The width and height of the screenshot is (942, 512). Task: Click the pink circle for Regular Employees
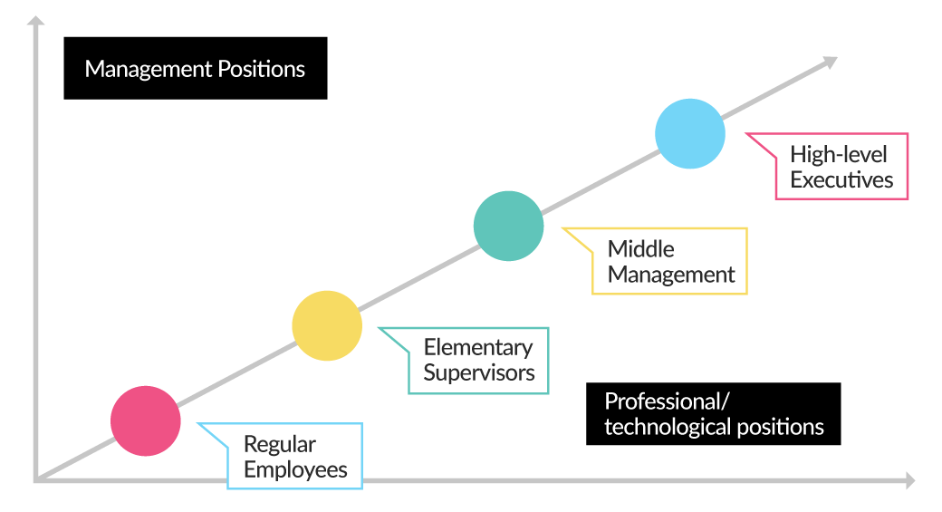point(146,420)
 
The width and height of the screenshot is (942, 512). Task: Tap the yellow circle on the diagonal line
point(327,325)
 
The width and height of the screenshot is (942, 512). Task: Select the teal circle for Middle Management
point(509,226)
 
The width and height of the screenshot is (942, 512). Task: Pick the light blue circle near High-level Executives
point(690,133)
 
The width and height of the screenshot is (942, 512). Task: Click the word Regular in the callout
point(280,445)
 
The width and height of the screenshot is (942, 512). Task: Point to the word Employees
point(295,469)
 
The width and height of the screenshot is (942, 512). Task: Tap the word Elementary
point(478,347)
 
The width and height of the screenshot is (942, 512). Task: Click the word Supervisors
point(479,372)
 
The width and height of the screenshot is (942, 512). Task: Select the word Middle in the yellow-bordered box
point(641,249)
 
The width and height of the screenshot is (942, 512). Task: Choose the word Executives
point(841,179)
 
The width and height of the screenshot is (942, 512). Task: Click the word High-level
point(838,154)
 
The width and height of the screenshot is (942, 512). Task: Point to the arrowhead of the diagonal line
point(829,62)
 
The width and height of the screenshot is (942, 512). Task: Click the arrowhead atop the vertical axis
point(35,21)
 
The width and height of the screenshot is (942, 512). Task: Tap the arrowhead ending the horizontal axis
point(908,479)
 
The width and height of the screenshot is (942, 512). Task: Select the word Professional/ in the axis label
point(667,401)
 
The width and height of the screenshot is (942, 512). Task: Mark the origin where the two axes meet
point(36,478)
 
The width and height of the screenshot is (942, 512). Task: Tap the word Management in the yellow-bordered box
point(671,275)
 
